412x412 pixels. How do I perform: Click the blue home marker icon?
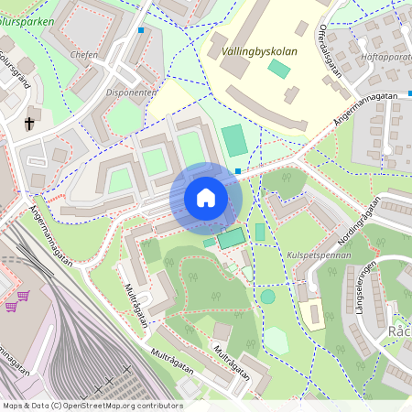tap(206, 198)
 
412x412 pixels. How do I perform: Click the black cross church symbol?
tap(29, 122)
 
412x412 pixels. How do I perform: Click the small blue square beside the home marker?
tap(238, 170)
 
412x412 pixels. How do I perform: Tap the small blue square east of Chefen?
tap(141, 30)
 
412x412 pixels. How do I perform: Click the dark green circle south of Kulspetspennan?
tap(267, 297)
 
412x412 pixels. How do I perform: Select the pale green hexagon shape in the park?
tap(275, 341)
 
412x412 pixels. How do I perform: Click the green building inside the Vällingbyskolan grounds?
tap(279, 69)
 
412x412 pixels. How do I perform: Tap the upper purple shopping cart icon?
tap(24, 296)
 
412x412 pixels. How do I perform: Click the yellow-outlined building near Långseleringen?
tap(313, 314)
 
